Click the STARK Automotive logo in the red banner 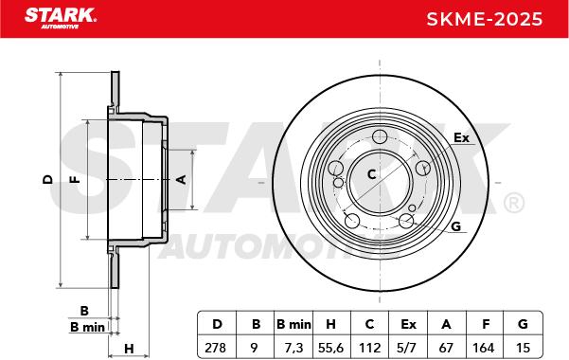(61, 18)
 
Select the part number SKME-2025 (485, 19)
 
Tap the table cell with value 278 (215, 348)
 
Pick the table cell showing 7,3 (293, 348)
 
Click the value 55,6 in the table (330, 348)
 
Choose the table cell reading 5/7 (406, 348)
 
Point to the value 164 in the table (484, 348)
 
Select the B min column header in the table (293, 324)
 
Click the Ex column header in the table (408, 324)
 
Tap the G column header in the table (523, 324)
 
